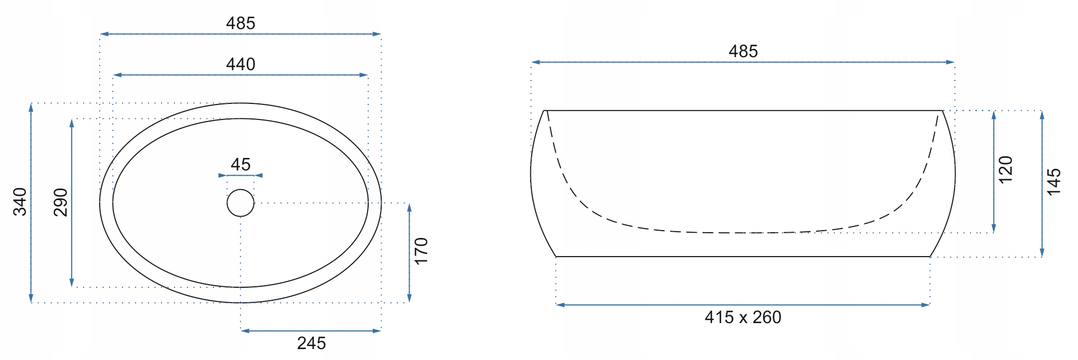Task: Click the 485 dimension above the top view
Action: click(x=240, y=23)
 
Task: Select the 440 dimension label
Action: click(x=240, y=64)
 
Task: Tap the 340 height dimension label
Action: click(x=20, y=202)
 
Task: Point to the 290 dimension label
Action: click(x=61, y=202)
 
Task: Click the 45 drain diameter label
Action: click(x=240, y=165)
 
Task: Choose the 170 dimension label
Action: click(x=421, y=251)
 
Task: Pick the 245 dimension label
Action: click(x=312, y=343)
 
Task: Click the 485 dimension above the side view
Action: click(x=743, y=51)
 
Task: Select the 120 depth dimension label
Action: click(x=1006, y=169)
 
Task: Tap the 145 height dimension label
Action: click(x=1054, y=182)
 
